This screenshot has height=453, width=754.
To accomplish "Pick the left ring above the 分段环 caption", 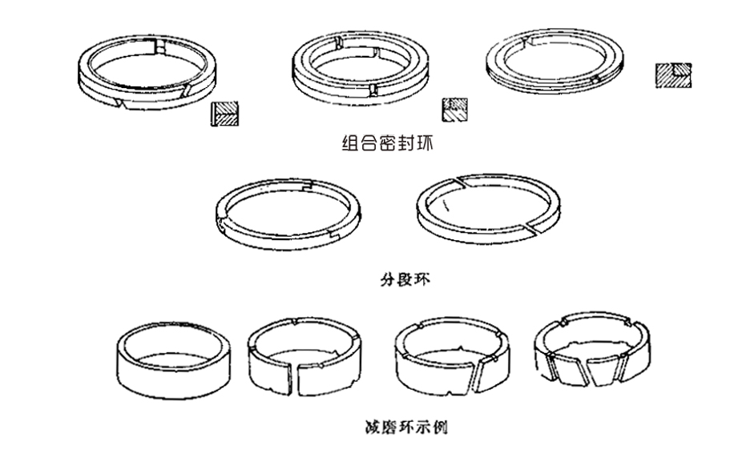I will click(288, 210).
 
